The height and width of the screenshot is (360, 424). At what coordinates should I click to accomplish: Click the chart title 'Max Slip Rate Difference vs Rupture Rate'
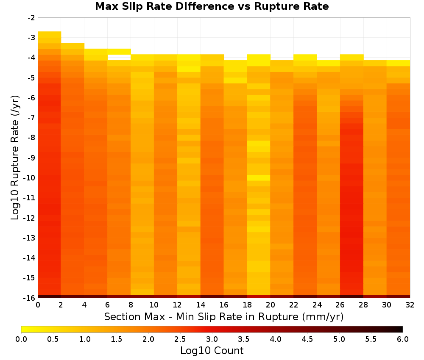212,6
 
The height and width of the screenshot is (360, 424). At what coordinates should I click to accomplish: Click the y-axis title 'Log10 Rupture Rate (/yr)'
15,158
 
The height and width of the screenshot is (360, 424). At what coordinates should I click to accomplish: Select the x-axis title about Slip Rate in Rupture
223,316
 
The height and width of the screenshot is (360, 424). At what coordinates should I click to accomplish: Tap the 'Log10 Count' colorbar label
212,351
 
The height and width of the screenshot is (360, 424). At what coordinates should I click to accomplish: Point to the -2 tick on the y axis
31,18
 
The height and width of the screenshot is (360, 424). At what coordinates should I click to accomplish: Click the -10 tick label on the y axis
30,178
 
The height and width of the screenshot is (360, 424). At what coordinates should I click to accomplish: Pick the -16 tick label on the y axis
30,298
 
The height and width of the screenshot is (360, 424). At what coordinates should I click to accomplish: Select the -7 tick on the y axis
31,118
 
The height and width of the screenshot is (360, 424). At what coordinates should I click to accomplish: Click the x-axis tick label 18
247,305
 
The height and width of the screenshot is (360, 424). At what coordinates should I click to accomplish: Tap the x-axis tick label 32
410,305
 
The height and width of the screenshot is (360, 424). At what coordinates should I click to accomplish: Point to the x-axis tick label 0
38,305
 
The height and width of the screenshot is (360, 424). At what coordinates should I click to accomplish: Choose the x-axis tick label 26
340,305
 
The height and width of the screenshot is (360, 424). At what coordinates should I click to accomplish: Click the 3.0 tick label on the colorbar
212,339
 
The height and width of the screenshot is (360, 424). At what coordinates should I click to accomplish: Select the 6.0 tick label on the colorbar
403,339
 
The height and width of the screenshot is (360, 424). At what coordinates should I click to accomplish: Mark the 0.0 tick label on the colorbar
21,339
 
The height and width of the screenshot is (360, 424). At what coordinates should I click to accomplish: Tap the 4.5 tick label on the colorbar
307,339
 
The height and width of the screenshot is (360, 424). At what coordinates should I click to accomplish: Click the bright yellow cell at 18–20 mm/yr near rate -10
259,178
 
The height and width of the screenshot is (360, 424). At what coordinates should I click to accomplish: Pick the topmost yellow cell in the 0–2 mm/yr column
50,34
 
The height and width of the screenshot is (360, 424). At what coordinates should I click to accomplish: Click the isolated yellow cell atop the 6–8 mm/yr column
119,52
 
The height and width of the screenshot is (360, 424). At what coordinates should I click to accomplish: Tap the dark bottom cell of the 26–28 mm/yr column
351,296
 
